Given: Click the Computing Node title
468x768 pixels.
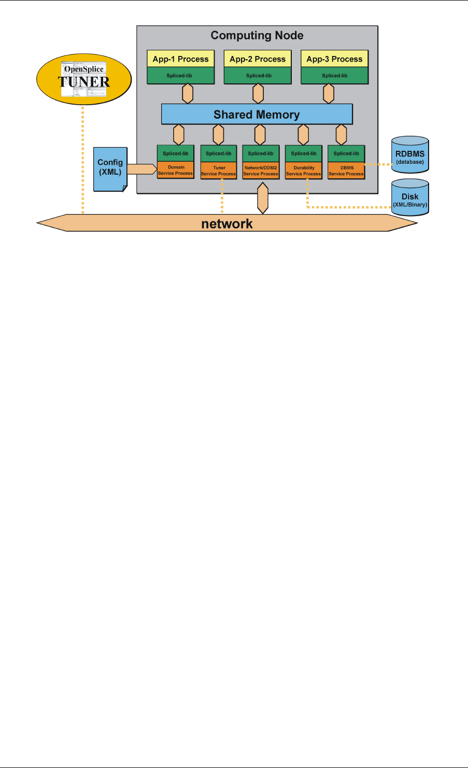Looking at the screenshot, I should pyautogui.click(x=257, y=36).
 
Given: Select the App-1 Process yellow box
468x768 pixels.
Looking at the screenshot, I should pyautogui.click(x=180, y=59).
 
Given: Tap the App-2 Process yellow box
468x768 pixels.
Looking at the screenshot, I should pyautogui.click(x=258, y=59).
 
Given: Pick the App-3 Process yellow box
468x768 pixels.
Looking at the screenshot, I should pyautogui.click(x=334, y=59).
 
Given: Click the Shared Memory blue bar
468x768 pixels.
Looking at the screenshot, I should pyautogui.click(x=257, y=115).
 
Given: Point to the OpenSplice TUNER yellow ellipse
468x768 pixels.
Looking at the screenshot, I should pyautogui.click(x=84, y=79).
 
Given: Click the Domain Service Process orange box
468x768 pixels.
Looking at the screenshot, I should pyautogui.click(x=176, y=170).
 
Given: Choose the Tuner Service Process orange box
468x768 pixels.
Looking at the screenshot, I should pyautogui.click(x=218, y=171).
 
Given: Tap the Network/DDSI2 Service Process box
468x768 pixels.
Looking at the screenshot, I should pyautogui.click(x=261, y=171).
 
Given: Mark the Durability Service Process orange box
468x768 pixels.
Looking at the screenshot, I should pyautogui.click(x=304, y=171).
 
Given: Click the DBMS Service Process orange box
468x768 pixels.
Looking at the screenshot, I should pyautogui.click(x=346, y=171).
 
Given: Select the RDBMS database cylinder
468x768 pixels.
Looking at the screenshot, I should pyautogui.click(x=410, y=154).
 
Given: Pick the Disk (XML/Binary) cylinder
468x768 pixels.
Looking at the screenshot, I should pyautogui.click(x=410, y=197).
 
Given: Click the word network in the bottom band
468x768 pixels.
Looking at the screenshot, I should pyautogui.click(x=227, y=224).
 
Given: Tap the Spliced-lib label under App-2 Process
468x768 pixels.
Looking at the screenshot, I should pyautogui.click(x=258, y=76).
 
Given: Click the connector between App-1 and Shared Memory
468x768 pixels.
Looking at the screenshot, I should pyautogui.click(x=187, y=94).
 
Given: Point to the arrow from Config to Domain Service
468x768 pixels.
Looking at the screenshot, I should pyautogui.click(x=141, y=169).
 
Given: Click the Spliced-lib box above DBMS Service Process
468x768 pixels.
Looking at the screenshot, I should pyautogui.click(x=346, y=153).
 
